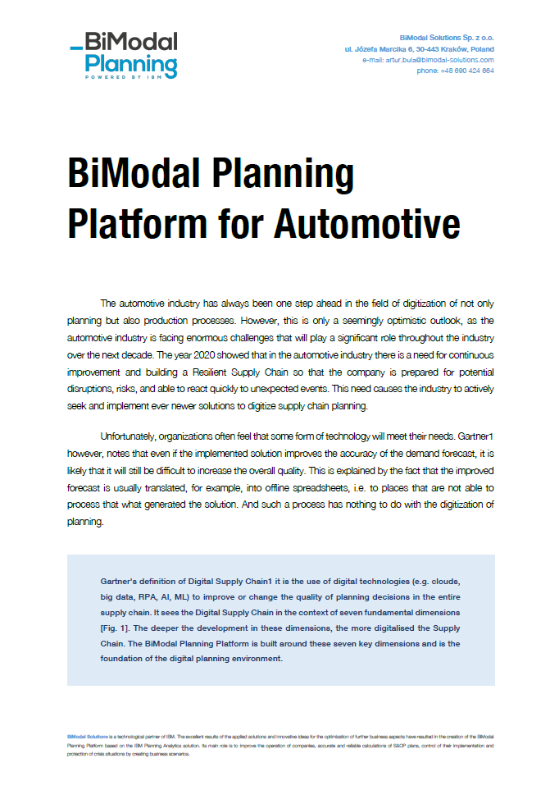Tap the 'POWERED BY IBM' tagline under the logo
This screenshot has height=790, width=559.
pyautogui.click(x=131, y=76)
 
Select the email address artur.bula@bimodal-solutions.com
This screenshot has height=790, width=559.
pyautogui.click(x=439, y=60)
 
